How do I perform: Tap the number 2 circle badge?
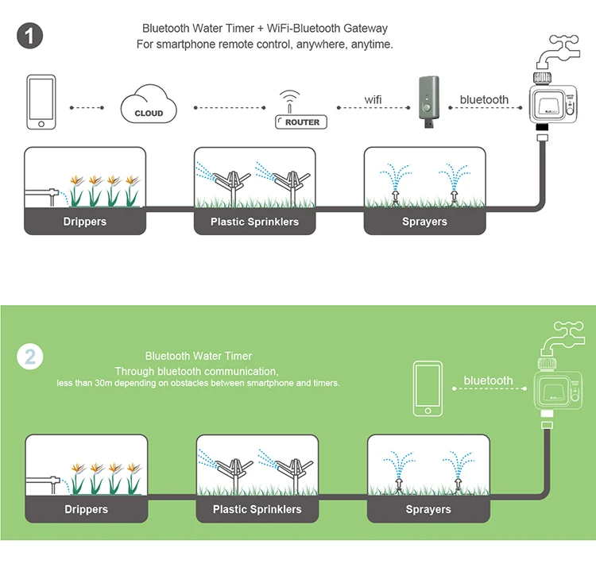tap(29, 355)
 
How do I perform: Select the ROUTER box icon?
tap(302, 122)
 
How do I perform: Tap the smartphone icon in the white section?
tap(40, 103)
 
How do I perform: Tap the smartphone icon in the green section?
tap(428, 388)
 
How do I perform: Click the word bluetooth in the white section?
tap(484, 100)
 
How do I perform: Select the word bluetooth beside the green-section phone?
tap(488, 380)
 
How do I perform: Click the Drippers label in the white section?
tap(85, 222)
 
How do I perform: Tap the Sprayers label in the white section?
tap(424, 222)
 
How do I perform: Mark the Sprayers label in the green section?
tap(428, 509)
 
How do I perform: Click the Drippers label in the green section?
tap(86, 509)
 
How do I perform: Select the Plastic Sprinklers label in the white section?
tap(254, 222)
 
